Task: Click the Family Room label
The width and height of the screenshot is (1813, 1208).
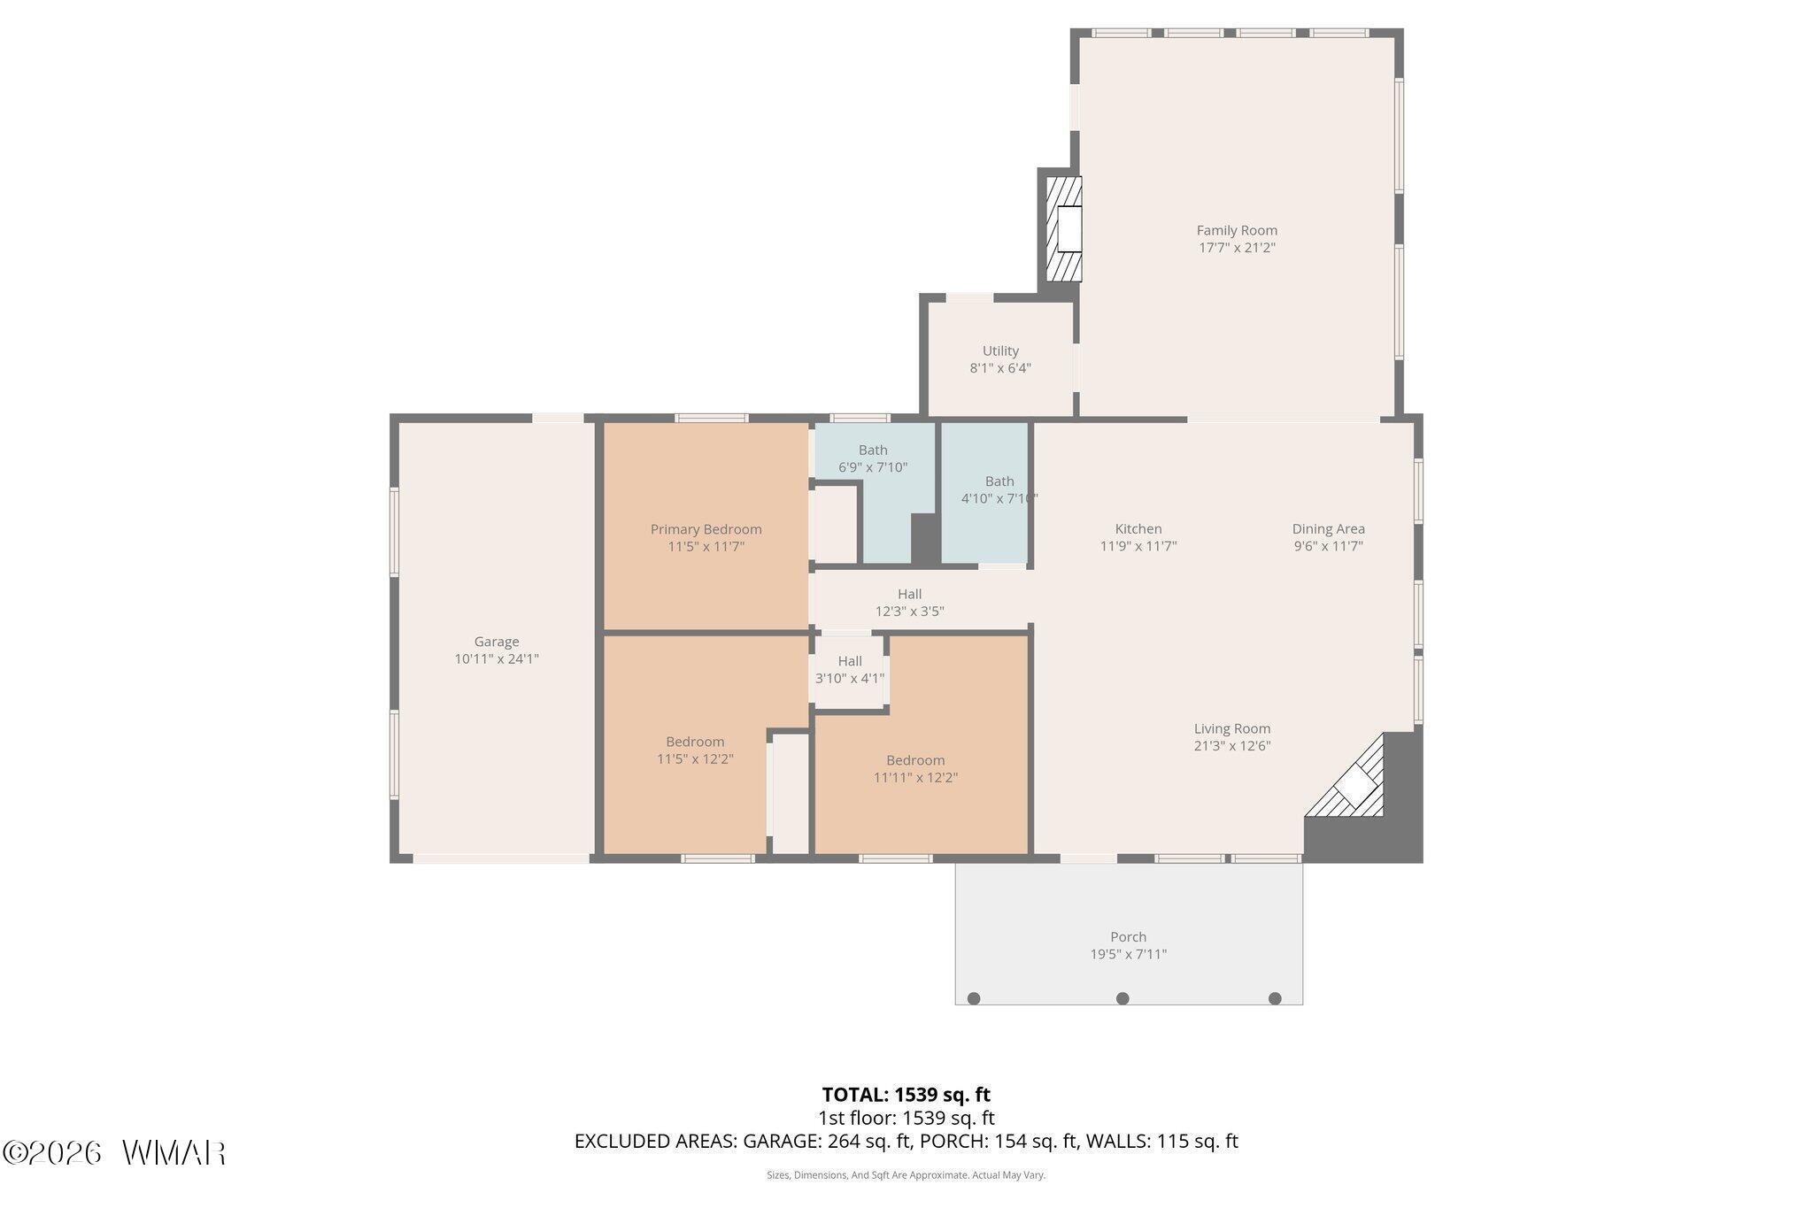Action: point(1237,231)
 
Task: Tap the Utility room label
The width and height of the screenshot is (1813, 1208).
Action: point(1000,350)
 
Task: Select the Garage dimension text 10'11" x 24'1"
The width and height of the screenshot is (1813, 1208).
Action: point(497,658)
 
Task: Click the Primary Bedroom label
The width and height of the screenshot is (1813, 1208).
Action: point(706,529)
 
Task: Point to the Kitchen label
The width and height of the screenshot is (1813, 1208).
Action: point(1138,529)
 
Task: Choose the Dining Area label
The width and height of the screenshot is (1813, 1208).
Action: point(1328,529)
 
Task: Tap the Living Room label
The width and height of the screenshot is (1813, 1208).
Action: point(1232,729)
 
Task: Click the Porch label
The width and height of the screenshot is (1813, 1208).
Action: point(1128,937)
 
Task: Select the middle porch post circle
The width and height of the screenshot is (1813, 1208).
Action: point(1123,998)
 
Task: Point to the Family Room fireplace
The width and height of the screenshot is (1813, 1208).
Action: point(1065,229)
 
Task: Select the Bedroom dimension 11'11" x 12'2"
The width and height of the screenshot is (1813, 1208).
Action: point(915,778)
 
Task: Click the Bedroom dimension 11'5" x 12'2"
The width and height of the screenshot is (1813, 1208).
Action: point(695,758)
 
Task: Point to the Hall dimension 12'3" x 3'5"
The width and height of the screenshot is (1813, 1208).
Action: point(910,612)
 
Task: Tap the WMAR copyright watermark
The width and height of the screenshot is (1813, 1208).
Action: point(114,1152)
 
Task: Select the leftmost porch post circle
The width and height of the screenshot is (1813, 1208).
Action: point(974,998)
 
